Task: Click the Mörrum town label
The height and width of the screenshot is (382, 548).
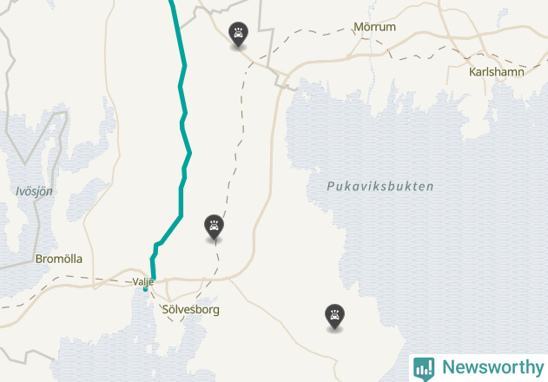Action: tap(374, 27)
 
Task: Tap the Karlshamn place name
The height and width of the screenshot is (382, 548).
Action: tap(496, 72)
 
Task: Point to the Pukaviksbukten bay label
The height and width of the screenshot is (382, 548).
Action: tap(380, 186)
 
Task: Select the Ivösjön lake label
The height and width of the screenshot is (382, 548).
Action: tap(34, 191)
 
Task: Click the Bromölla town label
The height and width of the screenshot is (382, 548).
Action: tap(59, 259)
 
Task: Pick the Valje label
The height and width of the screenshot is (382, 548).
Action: tap(143, 281)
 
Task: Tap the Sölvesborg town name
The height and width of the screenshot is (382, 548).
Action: tap(191, 309)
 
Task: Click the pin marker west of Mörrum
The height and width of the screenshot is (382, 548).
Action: tap(237, 34)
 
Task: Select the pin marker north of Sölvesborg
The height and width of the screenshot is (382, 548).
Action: tap(214, 226)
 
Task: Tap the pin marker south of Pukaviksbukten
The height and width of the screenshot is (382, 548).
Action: tap(333, 315)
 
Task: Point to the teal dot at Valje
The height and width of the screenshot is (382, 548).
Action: tap(145, 289)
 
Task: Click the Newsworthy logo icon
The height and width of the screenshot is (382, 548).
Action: tap(424, 367)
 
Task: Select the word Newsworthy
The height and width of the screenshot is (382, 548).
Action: tap(492, 367)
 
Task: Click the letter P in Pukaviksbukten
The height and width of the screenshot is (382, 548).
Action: tap(332, 186)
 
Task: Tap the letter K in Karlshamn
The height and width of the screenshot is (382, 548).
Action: tap(472, 72)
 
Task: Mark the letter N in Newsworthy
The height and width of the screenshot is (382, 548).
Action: tap(448, 367)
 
